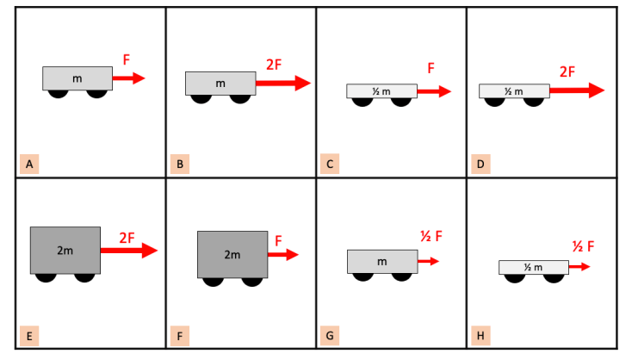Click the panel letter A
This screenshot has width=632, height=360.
pyautogui.click(x=29, y=164)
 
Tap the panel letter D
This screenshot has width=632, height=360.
pyautogui.click(x=480, y=164)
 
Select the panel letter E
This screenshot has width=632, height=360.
pyautogui.click(x=29, y=336)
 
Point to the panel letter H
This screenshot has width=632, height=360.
pyautogui.click(x=480, y=336)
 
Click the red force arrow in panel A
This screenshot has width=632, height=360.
pyautogui.click(x=128, y=78)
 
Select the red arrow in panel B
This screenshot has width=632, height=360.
pyautogui.click(x=283, y=83)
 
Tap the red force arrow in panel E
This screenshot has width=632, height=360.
pyautogui.click(x=129, y=251)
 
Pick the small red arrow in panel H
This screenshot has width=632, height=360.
pyautogui.click(x=579, y=266)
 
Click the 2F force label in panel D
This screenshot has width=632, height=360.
pyautogui.click(x=567, y=71)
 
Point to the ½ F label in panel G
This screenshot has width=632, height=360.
pyautogui.click(x=431, y=236)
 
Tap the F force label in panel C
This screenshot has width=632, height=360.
pyautogui.click(x=431, y=68)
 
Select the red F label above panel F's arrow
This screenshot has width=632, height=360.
pyautogui.click(x=278, y=241)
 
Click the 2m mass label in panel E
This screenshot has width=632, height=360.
pyautogui.click(x=65, y=251)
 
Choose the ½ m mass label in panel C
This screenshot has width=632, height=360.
pyautogui.click(x=381, y=91)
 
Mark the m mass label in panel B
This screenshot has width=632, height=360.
pyautogui.click(x=220, y=84)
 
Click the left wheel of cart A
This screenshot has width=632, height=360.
pyautogui.click(x=58, y=94)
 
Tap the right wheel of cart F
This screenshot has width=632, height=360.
pyautogui.click(x=252, y=282)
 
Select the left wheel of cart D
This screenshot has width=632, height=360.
pyautogui.click(x=494, y=102)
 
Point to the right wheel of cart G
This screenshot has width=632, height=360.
pyautogui.click(x=401, y=277)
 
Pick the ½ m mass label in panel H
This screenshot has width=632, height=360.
pyautogui.click(x=533, y=267)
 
